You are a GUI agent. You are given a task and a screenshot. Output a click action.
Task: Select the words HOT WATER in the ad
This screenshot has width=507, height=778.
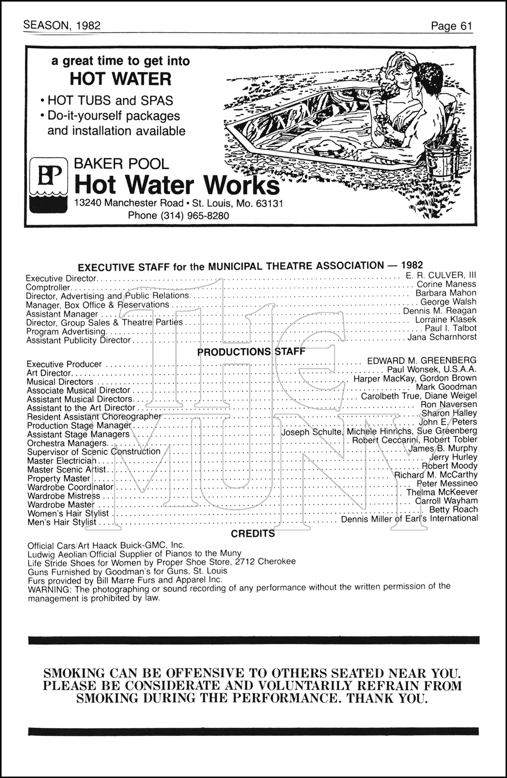(120, 79)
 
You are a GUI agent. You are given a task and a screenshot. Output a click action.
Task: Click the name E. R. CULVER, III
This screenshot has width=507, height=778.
(441, 275)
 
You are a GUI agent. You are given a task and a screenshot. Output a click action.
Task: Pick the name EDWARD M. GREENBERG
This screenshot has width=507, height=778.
(421, 360)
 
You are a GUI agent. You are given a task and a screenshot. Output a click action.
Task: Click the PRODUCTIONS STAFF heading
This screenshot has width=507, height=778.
(251, 352)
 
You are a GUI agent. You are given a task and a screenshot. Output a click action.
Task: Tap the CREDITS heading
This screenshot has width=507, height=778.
(253, 533)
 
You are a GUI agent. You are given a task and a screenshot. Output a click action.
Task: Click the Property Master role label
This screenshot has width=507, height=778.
(59, 479)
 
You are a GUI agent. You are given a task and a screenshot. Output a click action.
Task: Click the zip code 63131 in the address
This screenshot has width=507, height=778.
(269, 203)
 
